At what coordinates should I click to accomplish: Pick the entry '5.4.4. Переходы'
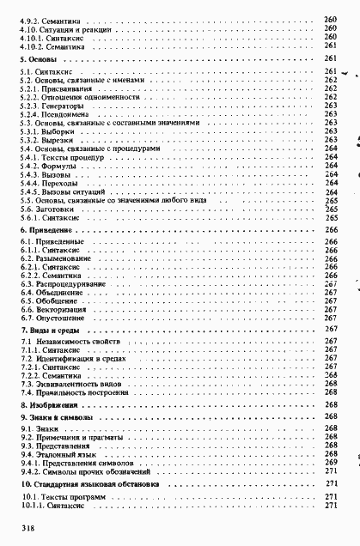[x=52, y=183]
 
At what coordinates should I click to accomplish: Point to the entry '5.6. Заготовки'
[x=48, y=209]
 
